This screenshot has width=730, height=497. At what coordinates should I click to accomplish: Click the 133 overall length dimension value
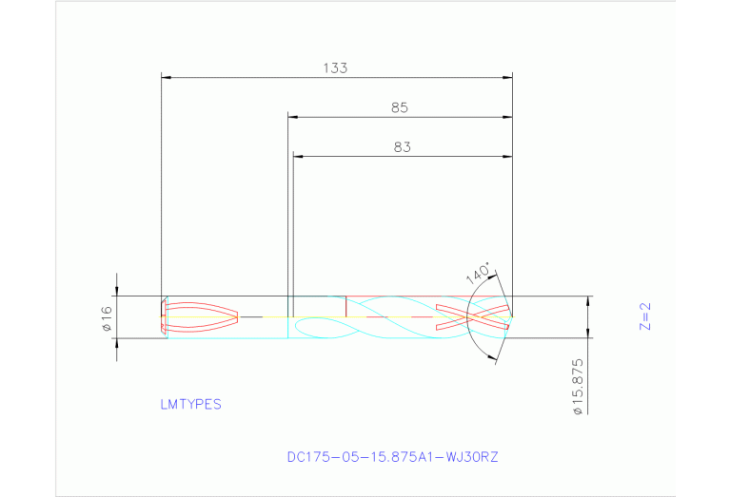(x=335, y=68)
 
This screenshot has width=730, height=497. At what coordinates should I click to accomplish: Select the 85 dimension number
(x=400, y=108)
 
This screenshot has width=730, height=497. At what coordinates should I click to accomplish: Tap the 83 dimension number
(x=402, y=147)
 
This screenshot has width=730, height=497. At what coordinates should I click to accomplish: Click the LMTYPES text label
(x=190, y=404)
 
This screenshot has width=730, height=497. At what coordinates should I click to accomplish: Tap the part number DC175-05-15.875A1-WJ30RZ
(x=392, y=457)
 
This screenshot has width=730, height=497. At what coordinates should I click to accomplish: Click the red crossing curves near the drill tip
(x=471, y=316)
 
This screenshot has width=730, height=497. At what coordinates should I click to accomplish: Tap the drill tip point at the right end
(x=512, y=315)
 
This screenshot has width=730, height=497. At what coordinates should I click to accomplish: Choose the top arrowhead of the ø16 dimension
(x=116, y=292)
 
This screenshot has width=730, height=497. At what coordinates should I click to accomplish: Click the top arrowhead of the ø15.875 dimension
(x=587, y=301)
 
